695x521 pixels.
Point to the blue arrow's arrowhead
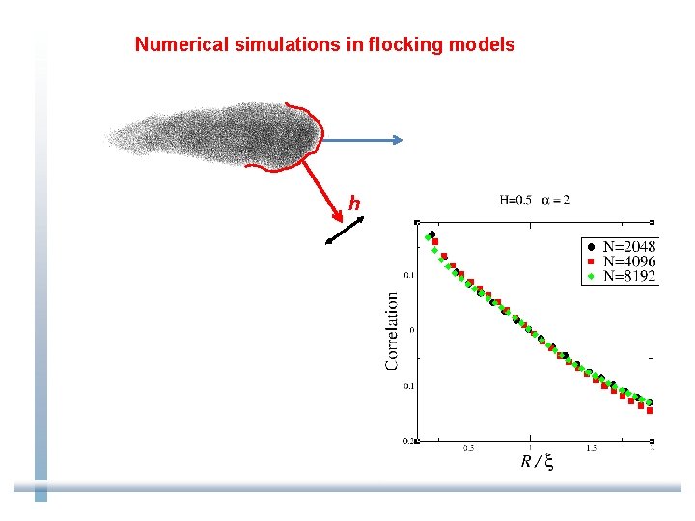click(x=397, y=140)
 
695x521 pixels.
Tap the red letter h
click(x=354, y=204)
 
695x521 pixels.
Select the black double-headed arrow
click(x=345, y=231)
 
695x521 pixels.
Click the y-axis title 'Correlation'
click(x=392, y=331)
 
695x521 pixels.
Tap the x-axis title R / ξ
click(x=537, y=462)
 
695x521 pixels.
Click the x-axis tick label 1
click(x=529, y=448)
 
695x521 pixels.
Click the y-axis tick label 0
click(x=412, y=330)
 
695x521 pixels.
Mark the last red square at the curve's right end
click(x=650, y=410)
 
